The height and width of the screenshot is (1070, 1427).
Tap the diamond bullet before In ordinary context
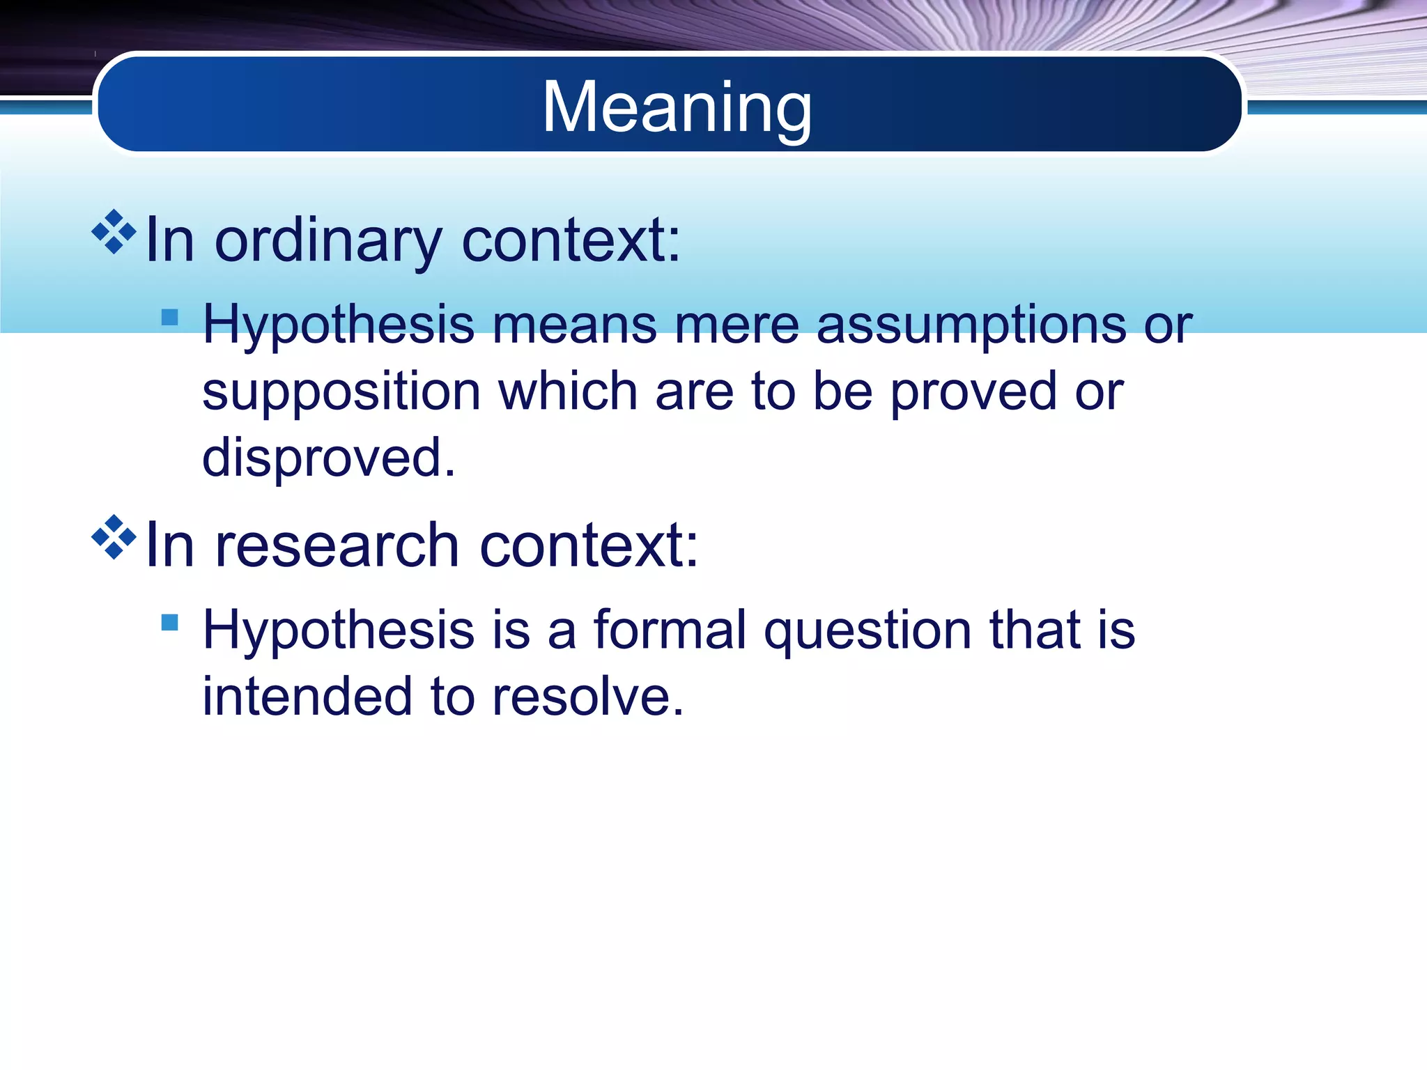coord(114,232)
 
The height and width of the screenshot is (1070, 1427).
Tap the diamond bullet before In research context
coord(114,537)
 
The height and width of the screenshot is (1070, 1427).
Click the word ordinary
coord(328,241)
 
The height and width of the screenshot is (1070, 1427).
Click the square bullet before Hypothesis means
coord(169,318)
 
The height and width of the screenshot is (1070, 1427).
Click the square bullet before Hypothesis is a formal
coord(169,621)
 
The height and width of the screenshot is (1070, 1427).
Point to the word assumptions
coord(971,325)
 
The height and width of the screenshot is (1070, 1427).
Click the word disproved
coord(328,458)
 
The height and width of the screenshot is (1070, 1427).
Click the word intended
coord(307,696)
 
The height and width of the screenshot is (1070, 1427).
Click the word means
coord(575,325)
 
